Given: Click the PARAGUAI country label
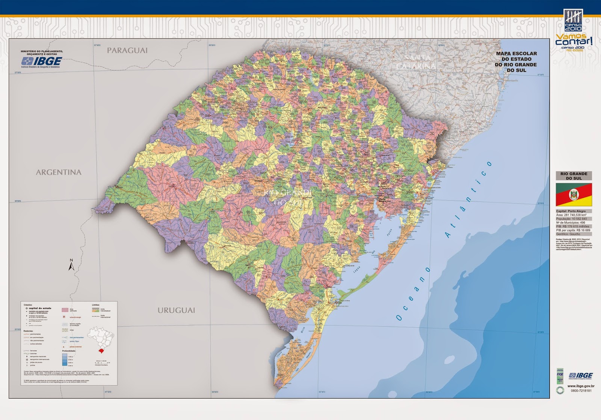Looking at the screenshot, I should click(x=127, y=51).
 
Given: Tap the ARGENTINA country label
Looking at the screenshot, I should click(x=59, y=172).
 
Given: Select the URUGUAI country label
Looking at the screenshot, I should click(x=176, y=310).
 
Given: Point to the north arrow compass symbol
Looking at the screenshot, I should click(x=71, y=265).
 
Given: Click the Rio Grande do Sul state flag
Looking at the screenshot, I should click(x=574, y=194).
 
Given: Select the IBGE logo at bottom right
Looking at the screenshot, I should click(x=580, y=376).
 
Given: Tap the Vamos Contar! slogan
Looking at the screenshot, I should click(x=574, y=40).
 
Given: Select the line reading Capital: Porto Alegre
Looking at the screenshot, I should click(x=571, y=211).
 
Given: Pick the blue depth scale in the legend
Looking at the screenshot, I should click(x=65, y=359).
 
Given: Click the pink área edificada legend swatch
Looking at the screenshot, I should click(x=65, y=310).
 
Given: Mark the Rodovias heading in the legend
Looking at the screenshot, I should click(x=29, y=331).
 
